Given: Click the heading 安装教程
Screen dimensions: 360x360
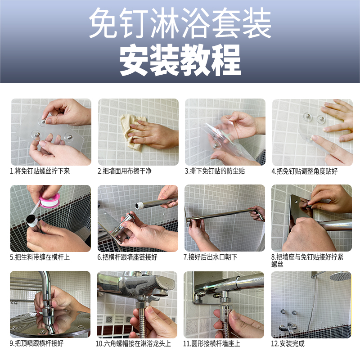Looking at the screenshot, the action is [180, 60].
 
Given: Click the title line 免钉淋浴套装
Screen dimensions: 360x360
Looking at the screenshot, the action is [180, 23].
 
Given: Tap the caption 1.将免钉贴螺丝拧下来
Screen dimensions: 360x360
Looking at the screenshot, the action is [40, 171].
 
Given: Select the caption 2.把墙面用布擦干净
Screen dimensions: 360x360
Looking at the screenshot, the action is [125, 171].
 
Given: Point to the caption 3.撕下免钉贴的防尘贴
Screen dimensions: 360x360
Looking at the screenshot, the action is [215, 171].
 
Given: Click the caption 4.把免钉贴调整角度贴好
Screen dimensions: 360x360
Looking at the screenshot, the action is [305, 171].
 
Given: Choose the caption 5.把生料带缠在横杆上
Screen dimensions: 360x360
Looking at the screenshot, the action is [40, 257].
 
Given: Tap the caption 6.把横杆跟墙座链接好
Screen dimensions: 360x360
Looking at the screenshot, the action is [127, 257].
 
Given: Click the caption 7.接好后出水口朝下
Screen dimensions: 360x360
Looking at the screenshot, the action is [211, 257].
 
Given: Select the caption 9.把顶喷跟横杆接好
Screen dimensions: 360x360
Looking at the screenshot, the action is [36, 343].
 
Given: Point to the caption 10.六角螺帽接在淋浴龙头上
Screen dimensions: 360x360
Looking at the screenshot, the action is [133, 343].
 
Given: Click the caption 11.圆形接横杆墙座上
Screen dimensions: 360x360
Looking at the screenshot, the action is [211, 343].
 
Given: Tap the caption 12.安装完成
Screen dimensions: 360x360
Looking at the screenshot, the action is [288, 343].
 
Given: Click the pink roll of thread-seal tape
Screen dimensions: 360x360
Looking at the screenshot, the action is [49, 200].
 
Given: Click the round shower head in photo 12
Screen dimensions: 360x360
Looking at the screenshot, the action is [340, 276].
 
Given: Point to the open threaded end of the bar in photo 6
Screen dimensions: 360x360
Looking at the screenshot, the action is [139, 205].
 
